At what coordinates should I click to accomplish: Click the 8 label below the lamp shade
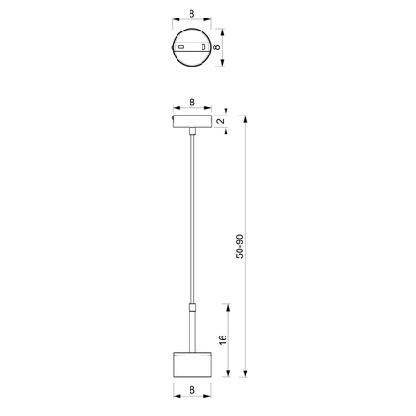click(191, 392)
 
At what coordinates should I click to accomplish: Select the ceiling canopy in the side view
click(191, 123)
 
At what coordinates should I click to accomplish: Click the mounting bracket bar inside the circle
click(191, 46)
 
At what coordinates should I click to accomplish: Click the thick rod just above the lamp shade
click(191, 328)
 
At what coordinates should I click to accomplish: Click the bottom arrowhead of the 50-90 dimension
click(247, 373)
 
